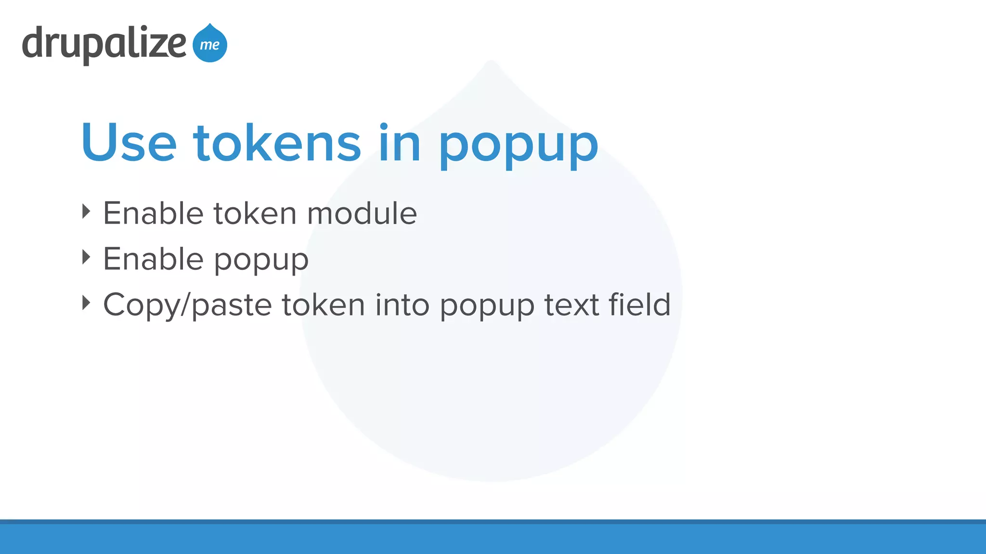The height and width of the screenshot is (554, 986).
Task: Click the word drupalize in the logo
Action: [x=104, y=44]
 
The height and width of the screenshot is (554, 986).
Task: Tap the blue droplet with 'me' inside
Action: [x=210, y=44]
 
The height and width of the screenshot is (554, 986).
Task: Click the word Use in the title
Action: [x=129, y=143]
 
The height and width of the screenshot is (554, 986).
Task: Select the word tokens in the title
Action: [x=277, y=143]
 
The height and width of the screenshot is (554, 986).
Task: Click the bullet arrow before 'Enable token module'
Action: [x=86, y=212]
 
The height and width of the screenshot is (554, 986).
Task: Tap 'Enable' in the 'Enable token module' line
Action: [x=153, y=213]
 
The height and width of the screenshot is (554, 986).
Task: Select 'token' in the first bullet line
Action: [x=255, y=213]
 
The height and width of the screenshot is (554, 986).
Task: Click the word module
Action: [x=362, y=213]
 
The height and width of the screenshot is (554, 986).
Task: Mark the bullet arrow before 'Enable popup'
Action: [x=86, y=257]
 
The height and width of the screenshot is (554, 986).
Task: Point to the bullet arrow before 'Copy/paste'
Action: [x=86, y=303]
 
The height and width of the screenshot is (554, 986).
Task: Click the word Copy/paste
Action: [x=188, y=305]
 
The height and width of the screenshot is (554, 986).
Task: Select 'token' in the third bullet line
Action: [x=324, y=305]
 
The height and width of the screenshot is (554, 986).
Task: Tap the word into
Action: [x=402, y=305]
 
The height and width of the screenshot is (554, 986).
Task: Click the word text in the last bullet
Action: [x=571, y=305]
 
